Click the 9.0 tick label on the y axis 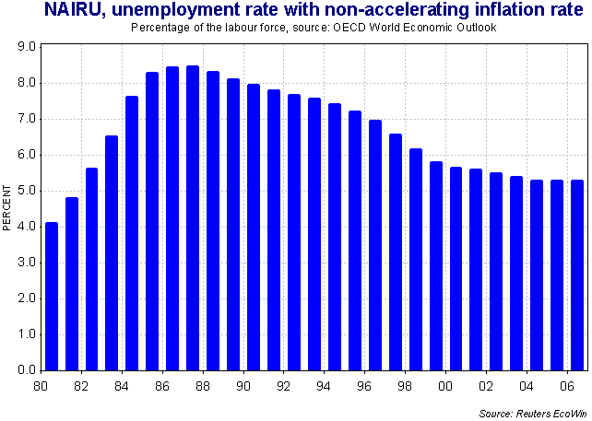[x=26, y=46]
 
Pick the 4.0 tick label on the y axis [x=26, y=227]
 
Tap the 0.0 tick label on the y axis [x=26, y=370]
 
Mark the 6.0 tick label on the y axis [x=26, y=155]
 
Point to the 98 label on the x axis [x=404, y=386]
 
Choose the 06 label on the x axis [x=564, y=386]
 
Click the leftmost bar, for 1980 [x=52, y=296]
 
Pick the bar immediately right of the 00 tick [x=455, y=268]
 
